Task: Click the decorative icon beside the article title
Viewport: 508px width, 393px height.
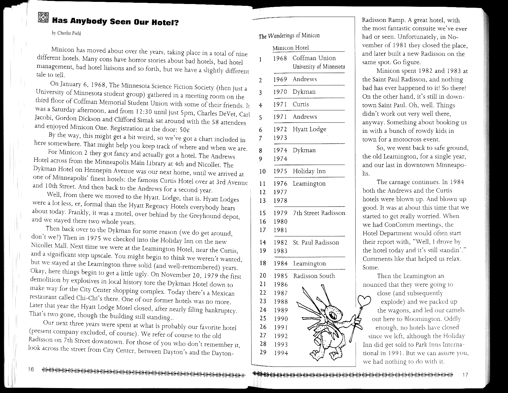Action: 42,18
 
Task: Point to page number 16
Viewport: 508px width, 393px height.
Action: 31,370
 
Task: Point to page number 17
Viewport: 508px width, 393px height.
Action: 465,375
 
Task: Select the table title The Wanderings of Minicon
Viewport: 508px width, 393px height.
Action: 289,36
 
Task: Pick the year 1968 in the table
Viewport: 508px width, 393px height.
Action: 280,58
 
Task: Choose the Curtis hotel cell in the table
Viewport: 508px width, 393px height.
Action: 300,104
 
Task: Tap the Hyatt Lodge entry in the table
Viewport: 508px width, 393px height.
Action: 309,129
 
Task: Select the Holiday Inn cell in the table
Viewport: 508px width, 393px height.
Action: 309,171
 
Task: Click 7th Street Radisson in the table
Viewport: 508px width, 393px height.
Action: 319,213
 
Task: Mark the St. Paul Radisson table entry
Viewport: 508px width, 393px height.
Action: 316,243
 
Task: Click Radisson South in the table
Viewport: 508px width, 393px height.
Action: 314,276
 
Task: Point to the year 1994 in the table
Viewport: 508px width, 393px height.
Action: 281,353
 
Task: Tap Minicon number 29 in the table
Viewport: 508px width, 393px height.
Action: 263,352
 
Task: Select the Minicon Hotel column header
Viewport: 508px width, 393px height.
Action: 290,48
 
